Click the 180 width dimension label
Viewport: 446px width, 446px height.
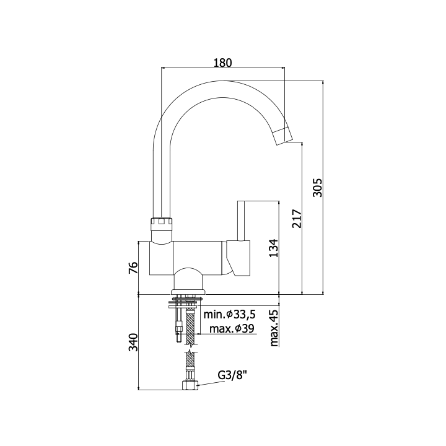223,63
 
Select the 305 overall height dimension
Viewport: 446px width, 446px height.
317,188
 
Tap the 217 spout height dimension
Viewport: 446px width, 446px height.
296,219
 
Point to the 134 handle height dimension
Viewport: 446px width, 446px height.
274,248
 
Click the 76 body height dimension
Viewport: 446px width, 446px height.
133,268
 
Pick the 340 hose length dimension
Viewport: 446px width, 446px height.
133,342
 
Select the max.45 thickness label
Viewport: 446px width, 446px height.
274,328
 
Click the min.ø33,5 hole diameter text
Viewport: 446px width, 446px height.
230,314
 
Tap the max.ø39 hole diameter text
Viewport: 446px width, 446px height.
232,329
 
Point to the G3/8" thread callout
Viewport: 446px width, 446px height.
232,375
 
